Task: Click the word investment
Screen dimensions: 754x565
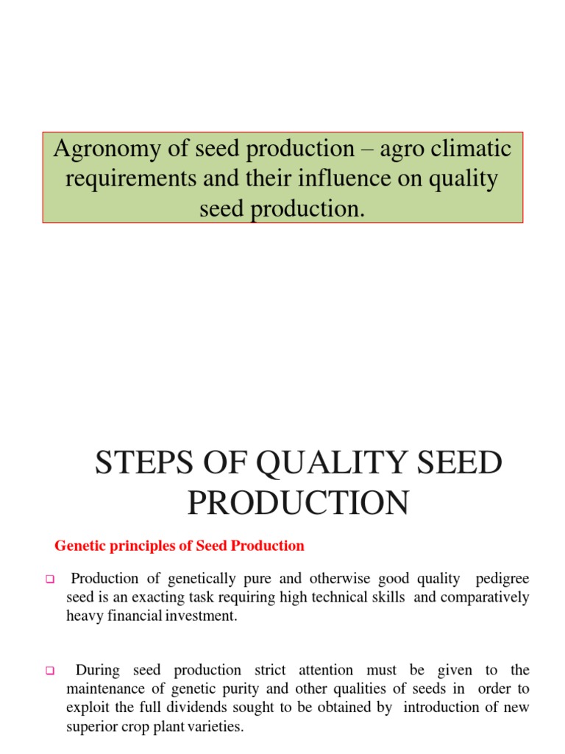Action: click(x=201, y=616)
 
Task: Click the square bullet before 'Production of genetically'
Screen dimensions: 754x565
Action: click(x=51, y=579)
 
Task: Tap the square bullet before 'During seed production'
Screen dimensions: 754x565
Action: click(x=51, y=671)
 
